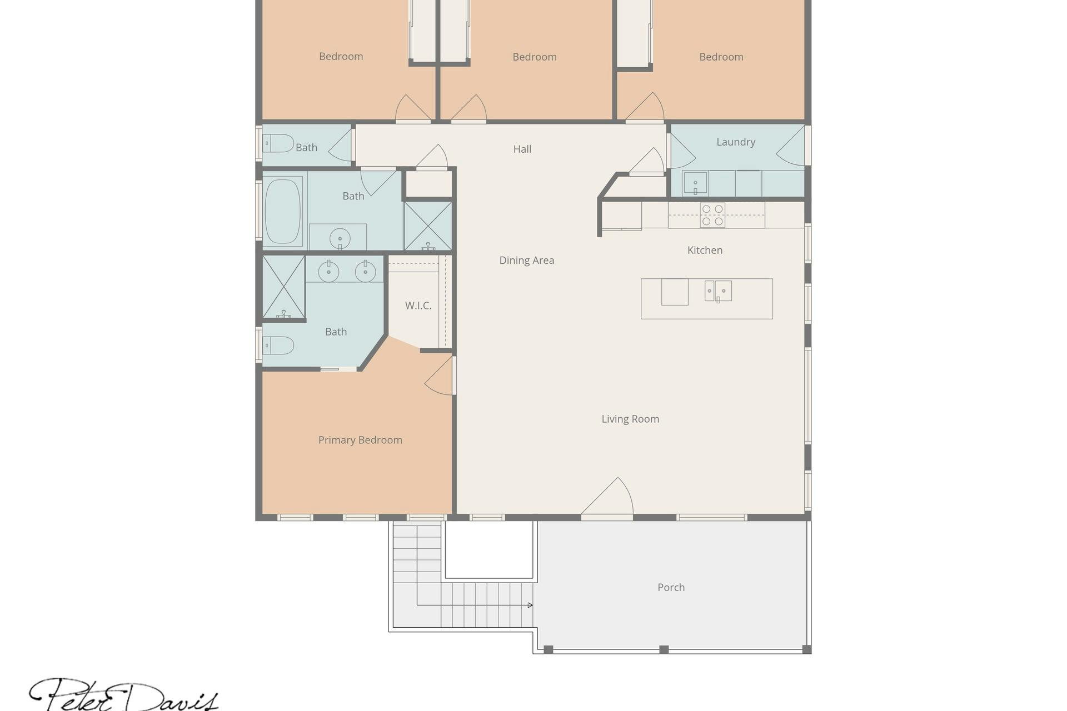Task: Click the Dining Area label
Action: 526,260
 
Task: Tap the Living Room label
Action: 630,419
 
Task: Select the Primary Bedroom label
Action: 360,440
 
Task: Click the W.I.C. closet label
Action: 418,306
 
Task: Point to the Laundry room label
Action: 736,142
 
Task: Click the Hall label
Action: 522,149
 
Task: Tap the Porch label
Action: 671,587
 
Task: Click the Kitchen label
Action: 705,250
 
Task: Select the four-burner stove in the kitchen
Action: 712,215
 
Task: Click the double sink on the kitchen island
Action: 718,291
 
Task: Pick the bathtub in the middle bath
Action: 283,210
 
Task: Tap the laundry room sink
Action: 695,183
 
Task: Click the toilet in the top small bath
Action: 278,143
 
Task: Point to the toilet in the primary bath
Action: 278,346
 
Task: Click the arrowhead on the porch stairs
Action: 530,605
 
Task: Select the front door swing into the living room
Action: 607,497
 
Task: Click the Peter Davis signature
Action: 123,694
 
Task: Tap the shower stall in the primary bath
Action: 283,287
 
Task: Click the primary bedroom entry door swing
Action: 440,375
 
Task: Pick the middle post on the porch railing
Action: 664,649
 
